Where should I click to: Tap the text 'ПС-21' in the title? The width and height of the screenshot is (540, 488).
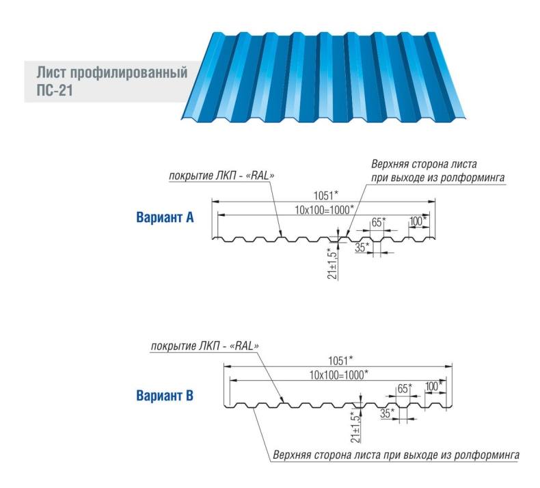coord(53,89)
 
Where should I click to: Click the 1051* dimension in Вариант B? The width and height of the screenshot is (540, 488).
coord(340,360)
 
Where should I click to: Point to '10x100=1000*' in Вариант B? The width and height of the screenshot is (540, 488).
coord(338,374)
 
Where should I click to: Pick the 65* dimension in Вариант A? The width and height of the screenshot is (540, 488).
coord(378,221)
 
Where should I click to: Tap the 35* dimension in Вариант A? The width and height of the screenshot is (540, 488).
coord(363,247)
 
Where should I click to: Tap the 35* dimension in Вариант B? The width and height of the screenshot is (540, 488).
coord(388,413)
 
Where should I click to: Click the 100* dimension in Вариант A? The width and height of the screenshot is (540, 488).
coord(418,221)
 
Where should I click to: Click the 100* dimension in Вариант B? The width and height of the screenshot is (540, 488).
coord(433,386)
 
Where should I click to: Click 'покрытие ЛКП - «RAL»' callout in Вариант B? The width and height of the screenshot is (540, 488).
coord(205,347)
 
